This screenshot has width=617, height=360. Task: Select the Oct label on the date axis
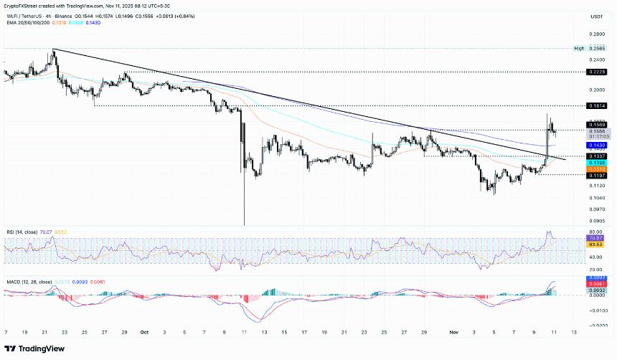pos(144,333)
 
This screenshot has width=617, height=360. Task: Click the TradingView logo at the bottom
pos(36,349)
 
